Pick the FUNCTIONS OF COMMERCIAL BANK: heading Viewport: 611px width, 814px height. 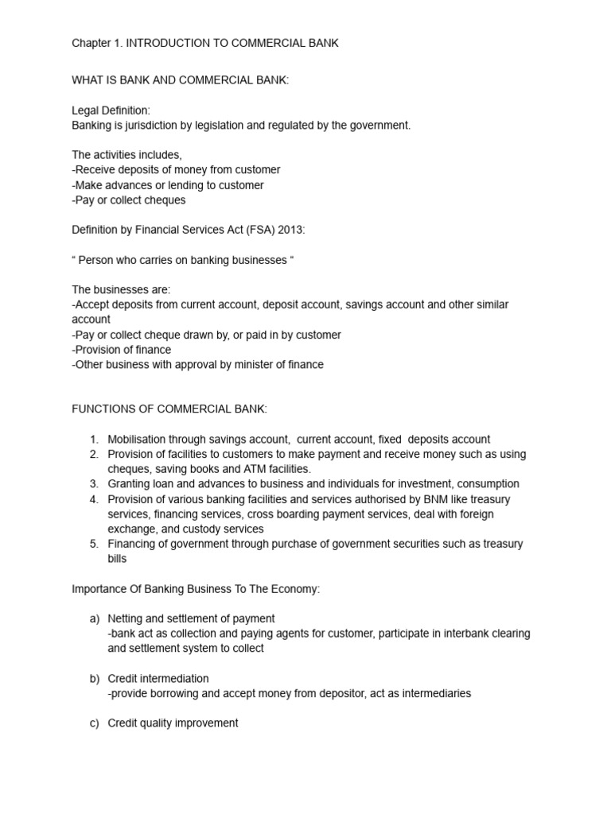point(169,409)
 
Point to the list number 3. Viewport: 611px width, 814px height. point(93,483)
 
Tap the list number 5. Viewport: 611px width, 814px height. point(93,544)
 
